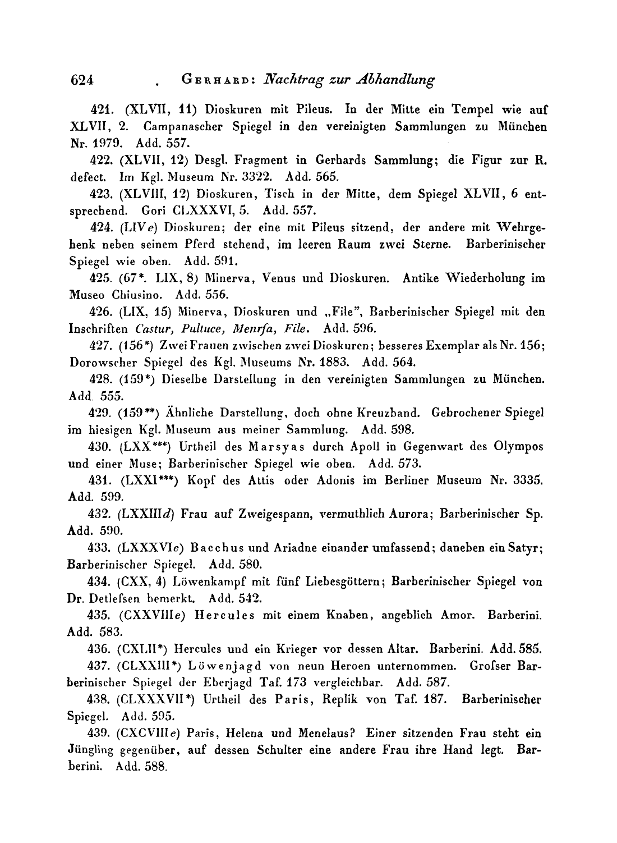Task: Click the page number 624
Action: (81, 80)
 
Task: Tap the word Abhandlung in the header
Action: (395, 80)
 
